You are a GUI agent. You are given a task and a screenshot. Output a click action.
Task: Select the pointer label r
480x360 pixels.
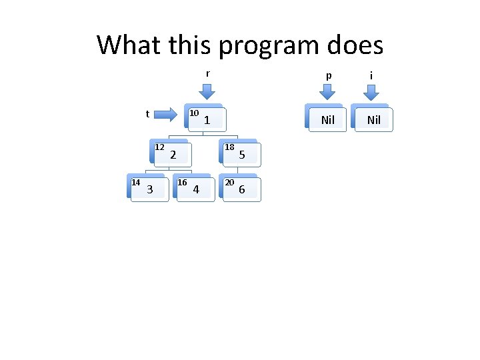pos(208,73)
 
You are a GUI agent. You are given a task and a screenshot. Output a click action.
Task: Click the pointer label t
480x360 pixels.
pos(147,114)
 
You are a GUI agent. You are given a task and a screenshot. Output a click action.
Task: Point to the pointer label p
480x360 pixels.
pos(327,76)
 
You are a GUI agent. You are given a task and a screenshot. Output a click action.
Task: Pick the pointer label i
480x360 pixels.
pos(372,76)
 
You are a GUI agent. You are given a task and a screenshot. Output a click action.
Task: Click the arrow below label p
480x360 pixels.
pos(327,93)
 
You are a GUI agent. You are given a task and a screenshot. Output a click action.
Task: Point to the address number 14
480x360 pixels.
pos(135,182)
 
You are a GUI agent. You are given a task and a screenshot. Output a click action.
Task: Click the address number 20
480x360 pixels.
pos(229,182)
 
